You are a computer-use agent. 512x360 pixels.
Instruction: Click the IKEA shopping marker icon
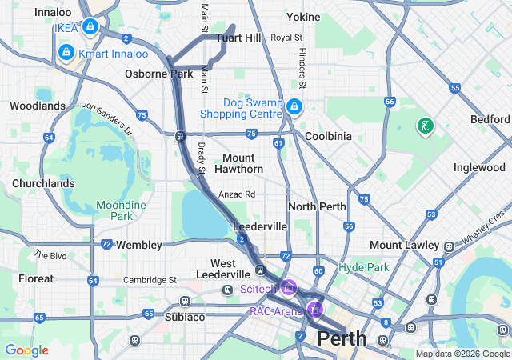[90, 27]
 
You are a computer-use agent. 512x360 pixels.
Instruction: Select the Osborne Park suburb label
[158, 74]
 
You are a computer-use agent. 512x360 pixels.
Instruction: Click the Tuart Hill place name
[238, 38]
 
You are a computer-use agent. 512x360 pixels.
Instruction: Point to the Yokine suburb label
[303, 16]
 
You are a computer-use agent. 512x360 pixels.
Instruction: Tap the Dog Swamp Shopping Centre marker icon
[294, 106]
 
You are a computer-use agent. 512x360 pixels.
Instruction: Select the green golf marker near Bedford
[426, 126]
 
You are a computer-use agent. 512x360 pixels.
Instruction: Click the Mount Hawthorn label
[238, 163]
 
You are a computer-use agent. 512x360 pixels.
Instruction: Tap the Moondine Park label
[121, 210]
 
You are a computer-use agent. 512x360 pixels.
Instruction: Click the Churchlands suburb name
[43, 183]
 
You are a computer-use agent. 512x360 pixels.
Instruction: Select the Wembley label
[139, 245]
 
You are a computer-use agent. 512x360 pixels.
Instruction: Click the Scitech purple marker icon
[289, 287]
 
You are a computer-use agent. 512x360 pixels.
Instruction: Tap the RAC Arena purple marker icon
[316, 309]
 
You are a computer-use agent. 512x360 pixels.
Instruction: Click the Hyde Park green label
[364, 267]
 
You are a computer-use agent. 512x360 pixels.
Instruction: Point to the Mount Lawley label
[403, 245]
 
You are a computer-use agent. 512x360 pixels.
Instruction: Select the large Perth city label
[342, 339]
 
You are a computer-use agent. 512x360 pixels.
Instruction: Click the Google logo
[26, 350]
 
